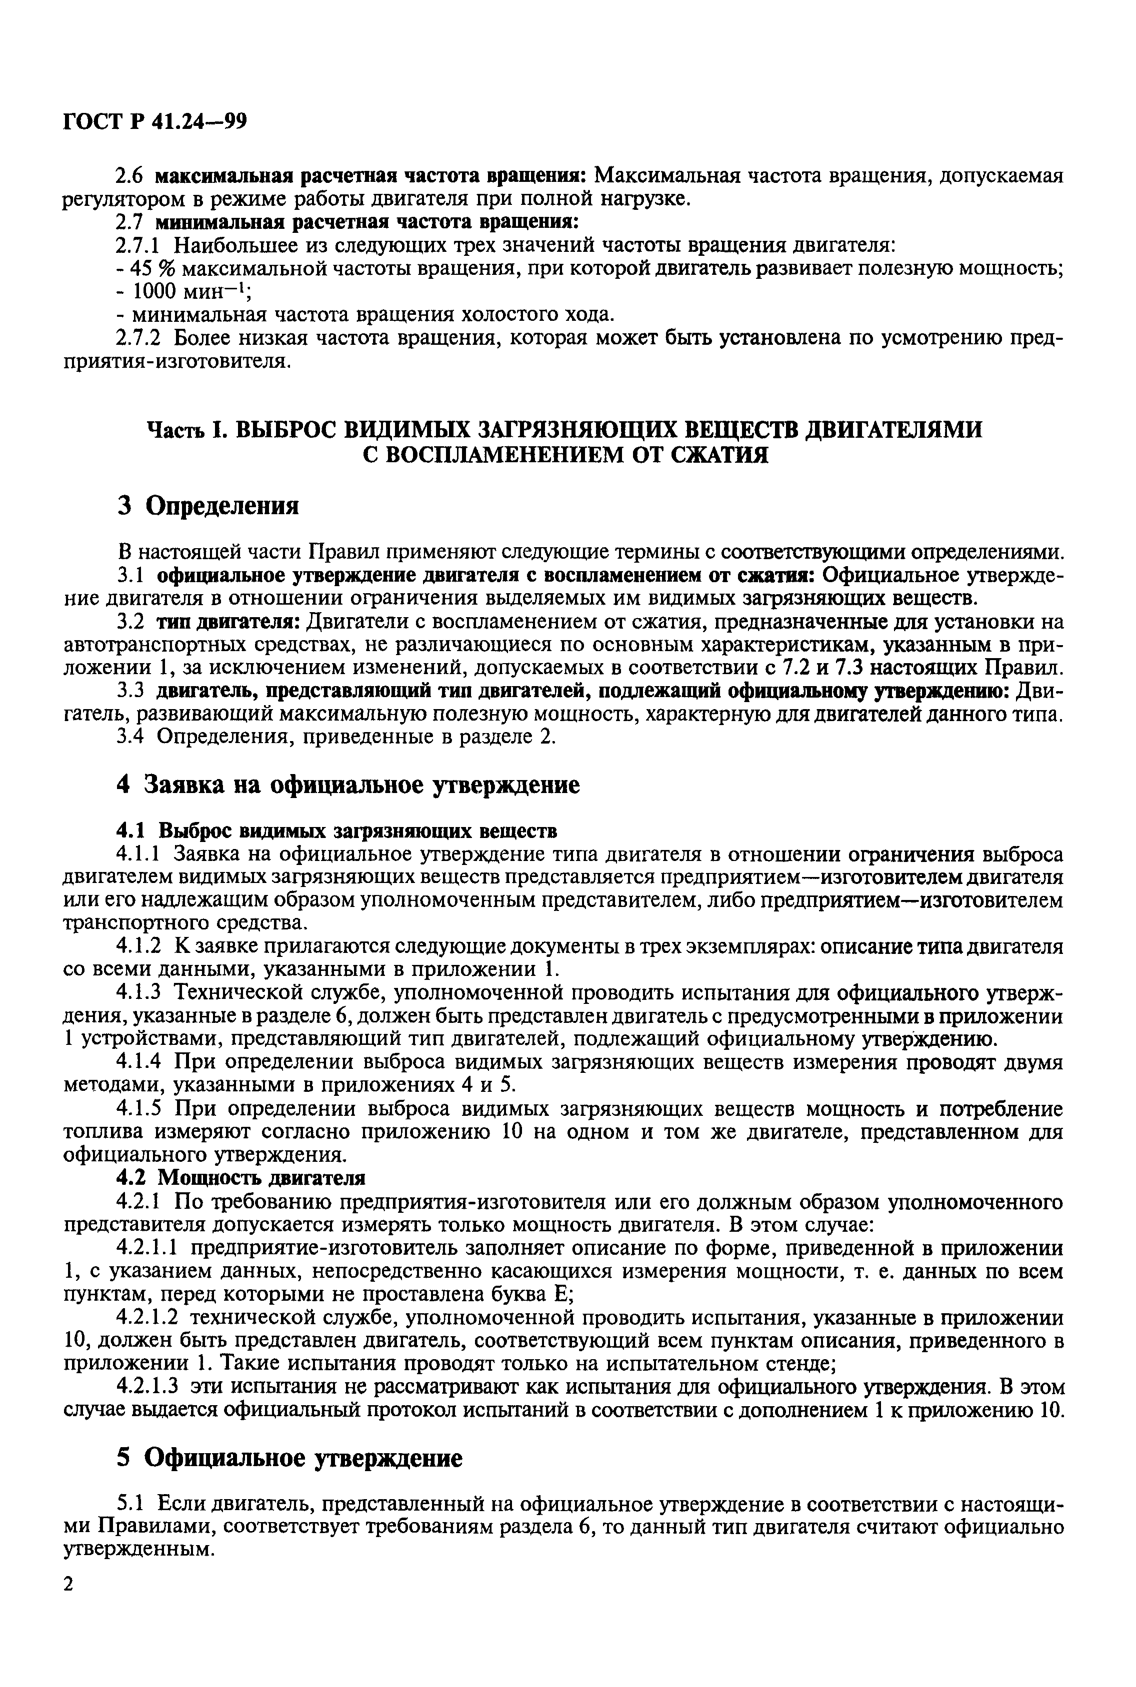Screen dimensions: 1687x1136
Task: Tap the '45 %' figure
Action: click(x=150, y=269)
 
